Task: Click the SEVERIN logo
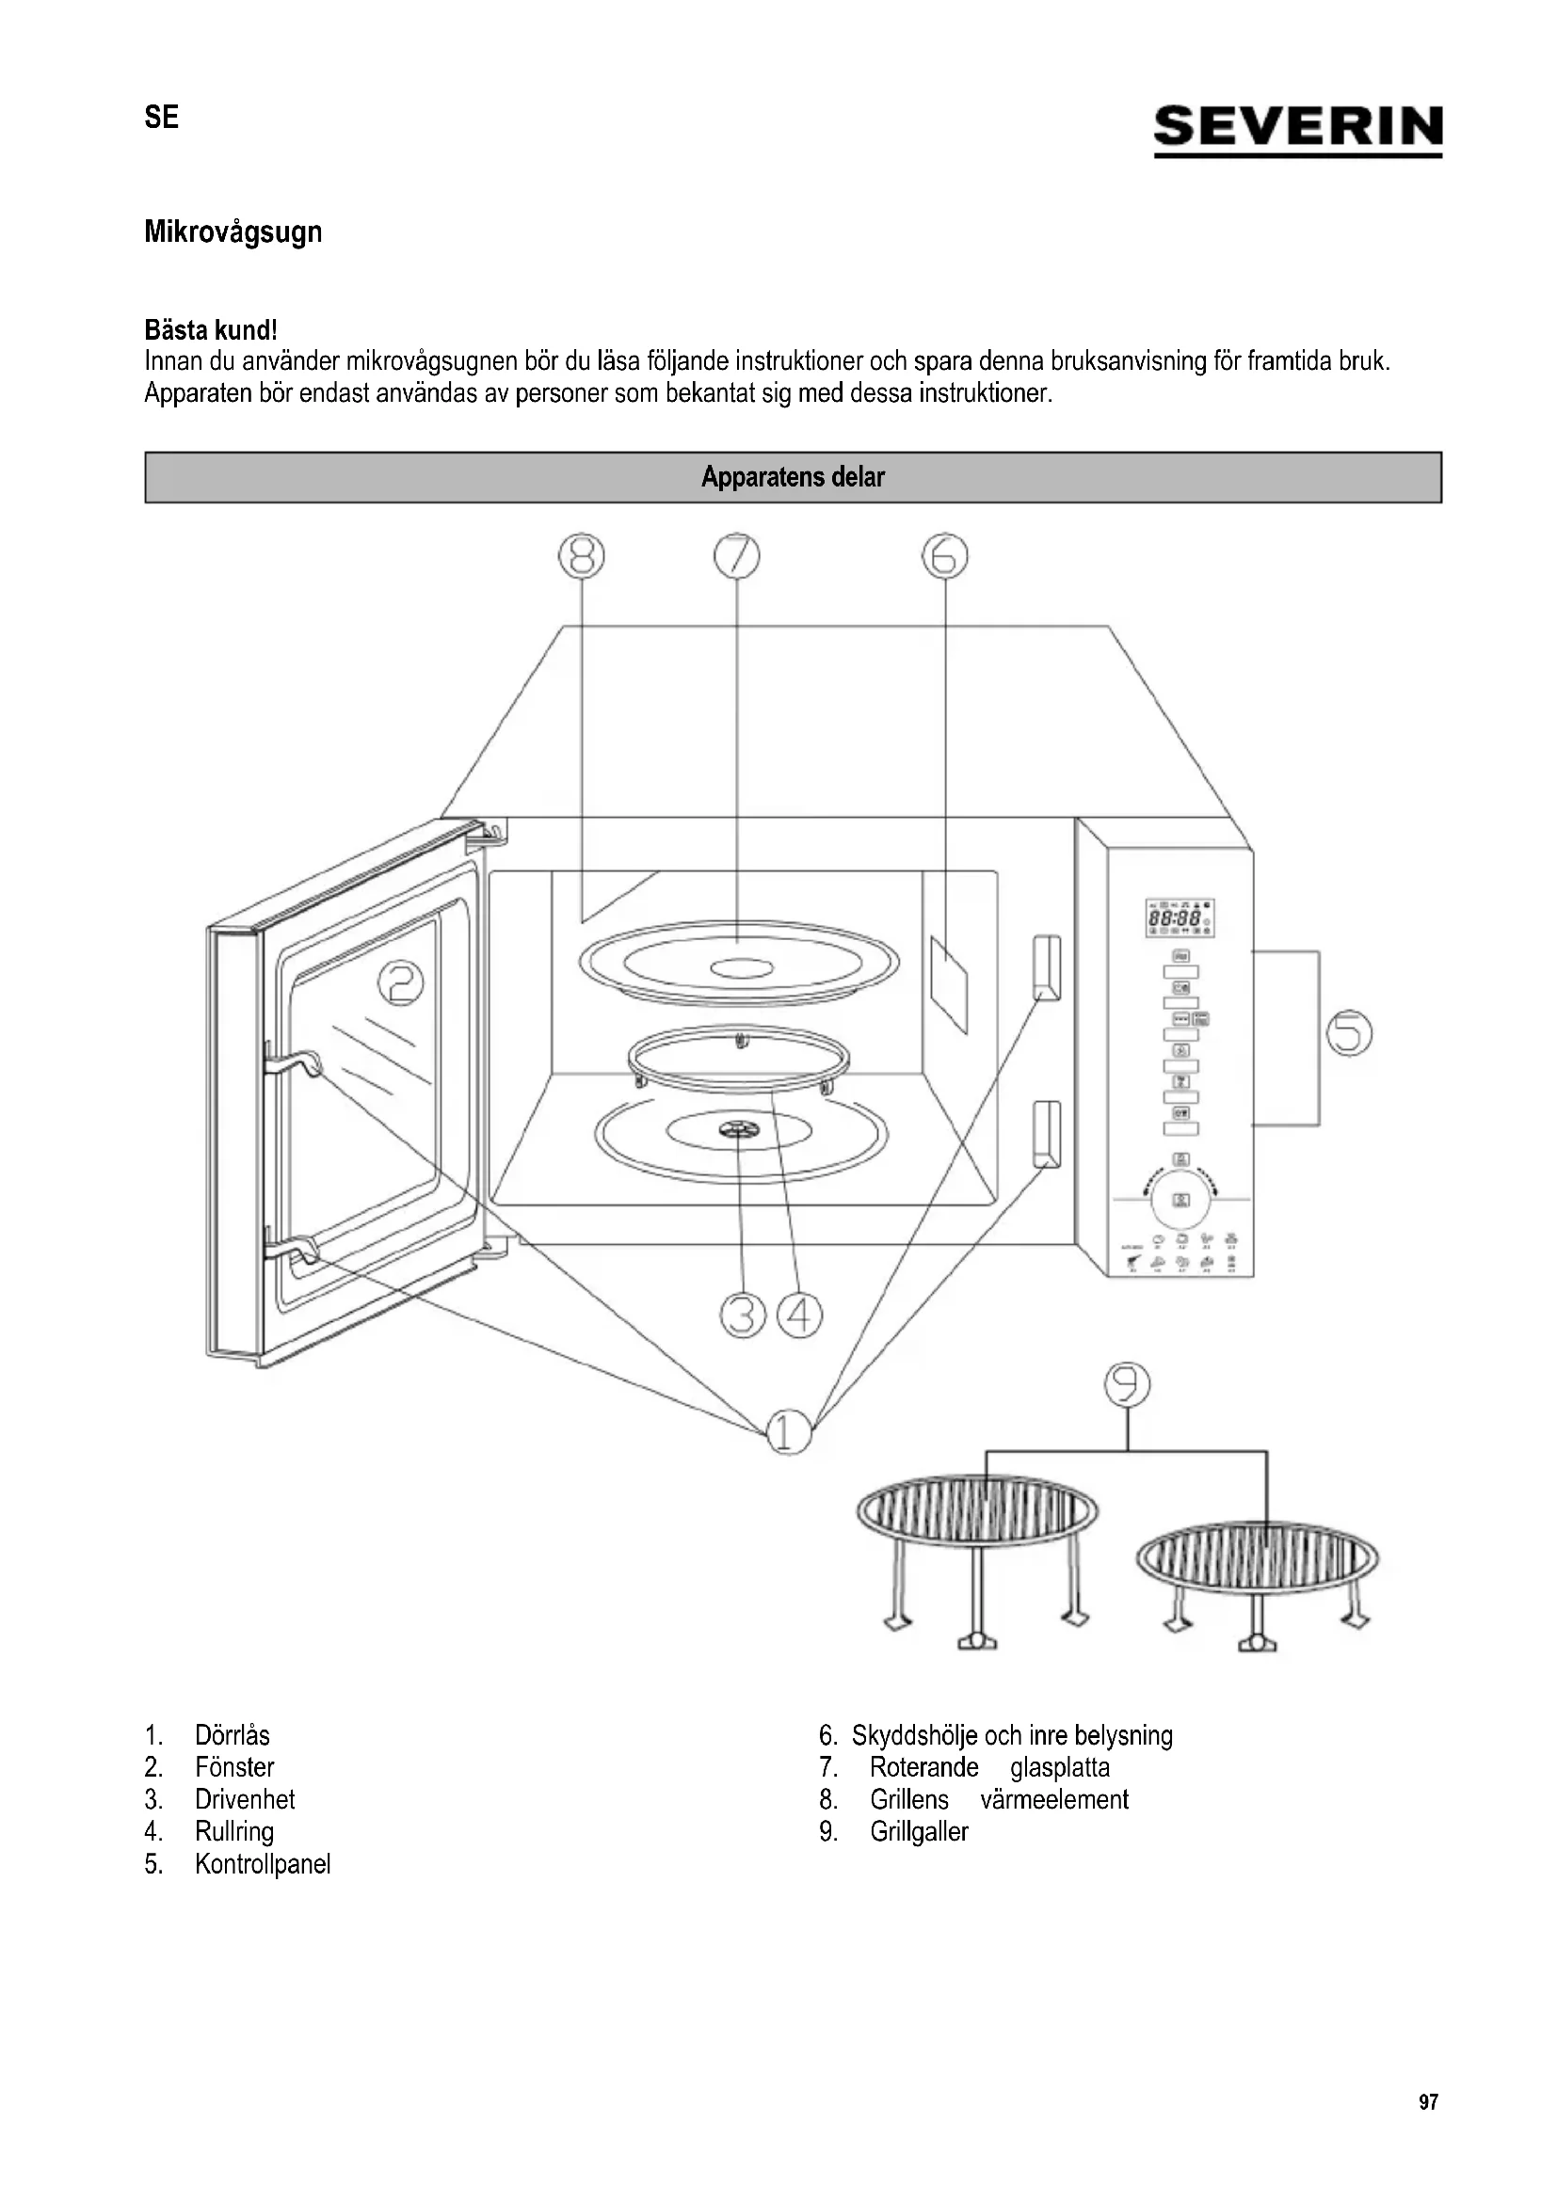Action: click(1297, 129)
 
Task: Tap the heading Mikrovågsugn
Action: click(233, 232)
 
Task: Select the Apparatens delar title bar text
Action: click(792, 477)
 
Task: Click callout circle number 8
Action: click(582, 556)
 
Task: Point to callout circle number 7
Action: click(736, 556)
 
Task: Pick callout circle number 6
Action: click(944, 556)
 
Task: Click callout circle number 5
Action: click(1349, 1033)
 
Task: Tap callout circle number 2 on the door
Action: click(401, 983)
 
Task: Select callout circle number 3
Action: click(743, 1316)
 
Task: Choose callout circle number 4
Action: click(799, 1316)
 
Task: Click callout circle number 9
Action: click(1128, 1384)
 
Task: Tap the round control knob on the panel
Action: click(1181, 1199)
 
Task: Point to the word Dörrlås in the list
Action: click(232, 1735)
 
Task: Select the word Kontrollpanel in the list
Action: click(263, 1863)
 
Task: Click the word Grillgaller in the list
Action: click(919, 1831)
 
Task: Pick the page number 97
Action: click(1429, 2102)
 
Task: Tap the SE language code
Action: click(161, 117)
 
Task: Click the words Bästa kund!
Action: click(211, 329)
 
